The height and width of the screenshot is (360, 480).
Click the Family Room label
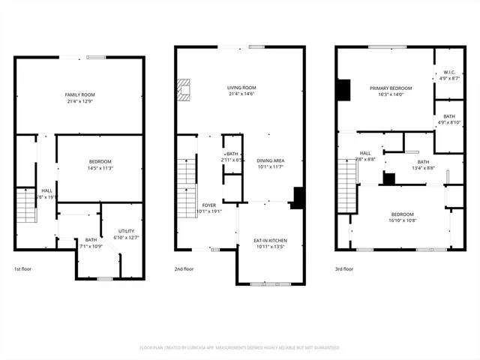pos(79,94)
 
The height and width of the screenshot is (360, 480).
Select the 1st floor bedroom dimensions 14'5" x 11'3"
pos(100,169)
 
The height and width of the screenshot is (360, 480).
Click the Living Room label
pos(241,87)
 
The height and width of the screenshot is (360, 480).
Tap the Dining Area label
pos(270,160)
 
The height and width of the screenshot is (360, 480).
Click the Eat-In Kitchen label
pos(271,240)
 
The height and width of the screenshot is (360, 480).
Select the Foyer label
pos(209,205)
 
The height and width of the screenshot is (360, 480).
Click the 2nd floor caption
pos(184,268)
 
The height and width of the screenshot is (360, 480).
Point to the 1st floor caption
pos(23,268)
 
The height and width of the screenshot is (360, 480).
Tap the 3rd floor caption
pos(345,268)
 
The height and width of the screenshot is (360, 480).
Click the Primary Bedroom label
pos(386,88)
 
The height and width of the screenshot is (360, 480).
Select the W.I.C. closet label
pos(440,73)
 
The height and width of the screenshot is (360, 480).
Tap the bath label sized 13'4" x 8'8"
pos(424,162)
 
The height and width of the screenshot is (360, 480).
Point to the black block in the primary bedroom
pos(344,89)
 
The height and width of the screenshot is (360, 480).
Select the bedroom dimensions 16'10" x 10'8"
pos(402,220)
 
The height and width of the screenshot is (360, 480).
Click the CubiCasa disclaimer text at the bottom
pos(239,347)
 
